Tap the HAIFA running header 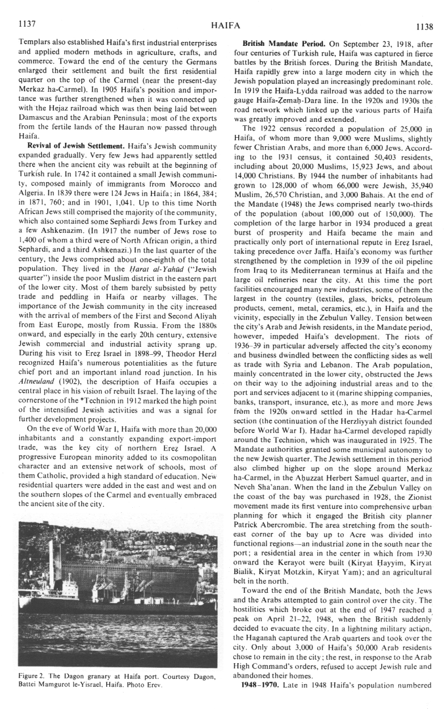click(225, 26)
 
